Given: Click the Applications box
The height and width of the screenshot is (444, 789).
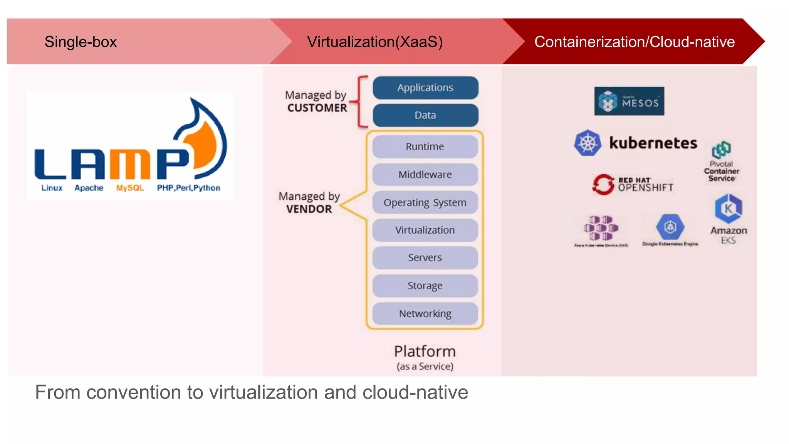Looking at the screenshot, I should [425, 87].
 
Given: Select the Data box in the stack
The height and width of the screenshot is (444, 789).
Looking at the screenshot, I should [425, 115].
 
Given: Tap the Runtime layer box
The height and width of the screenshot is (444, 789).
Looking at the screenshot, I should [425, 146].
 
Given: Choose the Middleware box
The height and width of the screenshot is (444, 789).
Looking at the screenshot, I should [425, 175].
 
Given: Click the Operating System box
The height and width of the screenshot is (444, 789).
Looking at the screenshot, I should [425, 202].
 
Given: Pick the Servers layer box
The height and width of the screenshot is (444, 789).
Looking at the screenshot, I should [425, 257].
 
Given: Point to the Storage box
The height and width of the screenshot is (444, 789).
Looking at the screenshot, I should [425, 286].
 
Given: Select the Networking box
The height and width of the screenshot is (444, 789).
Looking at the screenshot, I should [425, 314].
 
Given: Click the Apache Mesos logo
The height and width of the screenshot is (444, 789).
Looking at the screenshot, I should [629, 101].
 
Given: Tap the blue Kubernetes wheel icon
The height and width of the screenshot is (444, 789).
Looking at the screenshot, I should [588, 143].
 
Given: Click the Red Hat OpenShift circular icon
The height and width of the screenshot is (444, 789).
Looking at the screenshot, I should [603, 184].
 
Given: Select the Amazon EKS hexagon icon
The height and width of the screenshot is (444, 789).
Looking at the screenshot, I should [728, 209].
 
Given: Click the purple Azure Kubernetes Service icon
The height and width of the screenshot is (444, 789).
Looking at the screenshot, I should [601, 228].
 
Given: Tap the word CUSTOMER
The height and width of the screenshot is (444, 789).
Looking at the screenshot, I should [317, 108].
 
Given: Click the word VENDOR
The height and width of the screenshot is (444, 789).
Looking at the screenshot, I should [309, 209].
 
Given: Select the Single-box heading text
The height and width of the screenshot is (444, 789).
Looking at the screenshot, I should [81, 42].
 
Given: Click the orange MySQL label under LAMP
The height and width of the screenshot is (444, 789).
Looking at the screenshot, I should [130, 188].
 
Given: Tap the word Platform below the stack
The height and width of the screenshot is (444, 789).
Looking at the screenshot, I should [425, 351].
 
